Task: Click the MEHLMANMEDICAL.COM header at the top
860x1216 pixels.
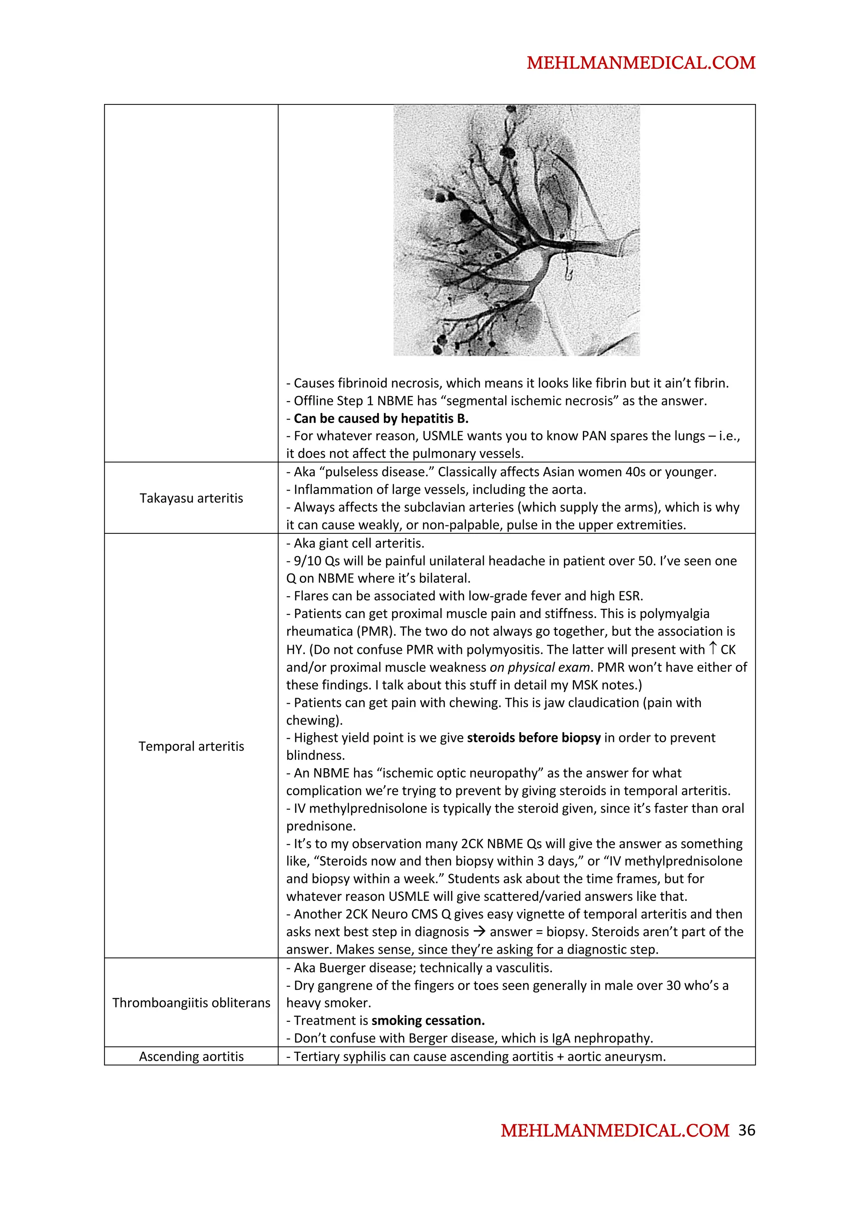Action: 641,63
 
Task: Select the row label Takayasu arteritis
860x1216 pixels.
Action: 191,498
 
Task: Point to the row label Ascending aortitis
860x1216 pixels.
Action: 191,1056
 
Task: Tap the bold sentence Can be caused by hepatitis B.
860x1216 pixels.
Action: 381,418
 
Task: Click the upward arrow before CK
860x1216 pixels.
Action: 713,648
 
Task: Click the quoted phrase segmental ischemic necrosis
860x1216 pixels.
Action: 530,401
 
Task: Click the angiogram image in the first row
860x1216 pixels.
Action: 516,230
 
